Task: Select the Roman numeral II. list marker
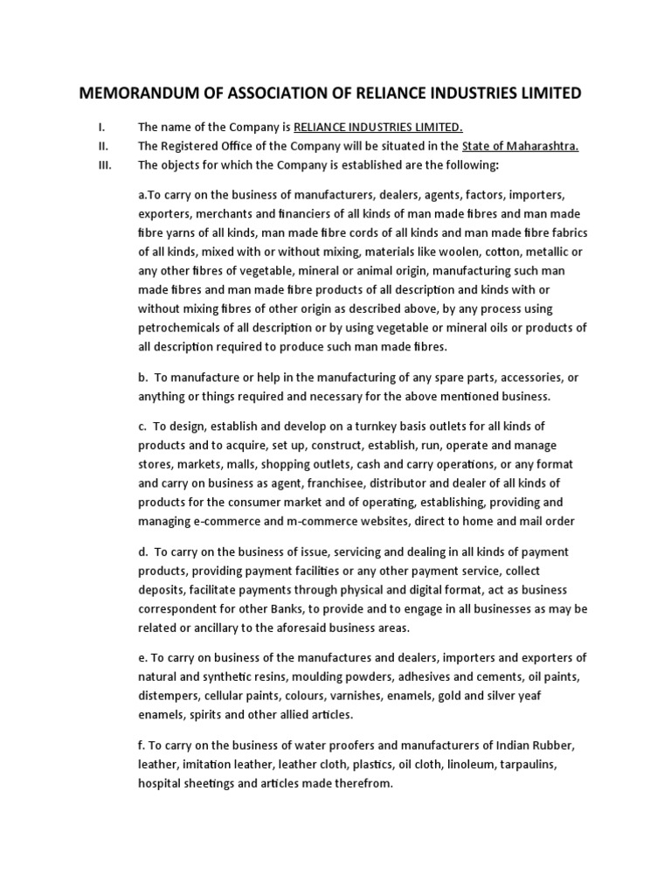point(102,146)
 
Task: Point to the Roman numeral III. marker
point(104,164)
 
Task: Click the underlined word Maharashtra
point(548,146)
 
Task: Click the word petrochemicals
point(183,328)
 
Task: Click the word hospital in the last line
point(161,784)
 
